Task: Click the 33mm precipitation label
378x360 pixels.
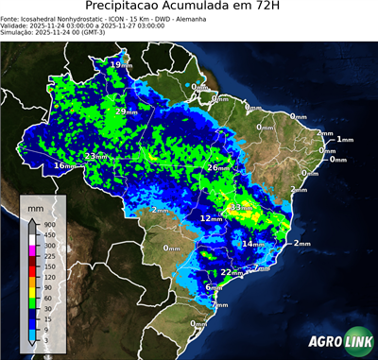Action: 241,207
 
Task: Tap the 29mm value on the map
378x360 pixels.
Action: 124,111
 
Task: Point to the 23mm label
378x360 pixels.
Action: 95,157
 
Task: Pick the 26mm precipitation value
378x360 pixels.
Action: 217,168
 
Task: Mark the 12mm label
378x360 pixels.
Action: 210,218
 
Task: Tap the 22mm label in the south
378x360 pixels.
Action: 229,272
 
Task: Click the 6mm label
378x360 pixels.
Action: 215,287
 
